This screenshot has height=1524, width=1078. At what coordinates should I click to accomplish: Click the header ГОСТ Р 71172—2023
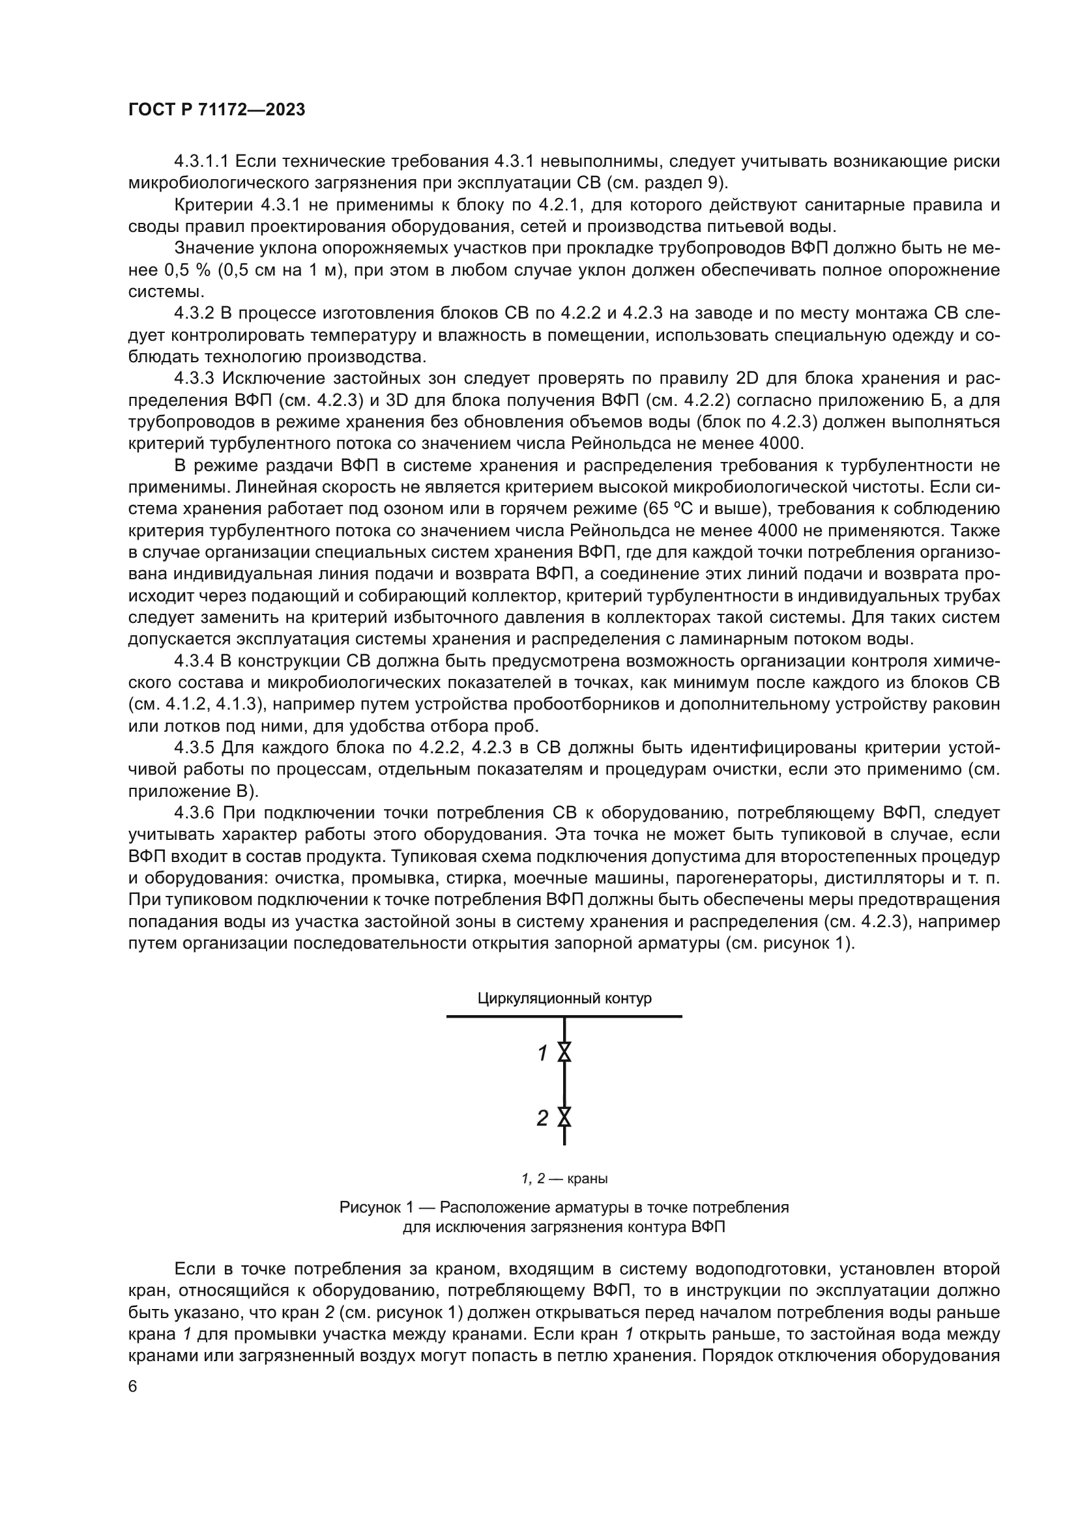click(216, 110)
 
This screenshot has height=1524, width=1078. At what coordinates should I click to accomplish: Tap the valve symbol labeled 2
click(564, 1118)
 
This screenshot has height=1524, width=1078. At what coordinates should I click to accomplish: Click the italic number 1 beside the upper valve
click(542, 1053)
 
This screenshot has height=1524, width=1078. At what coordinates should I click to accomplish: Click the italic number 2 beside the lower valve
click(542, 1119)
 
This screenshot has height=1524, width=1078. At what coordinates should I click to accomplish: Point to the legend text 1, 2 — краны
click(564, 1179)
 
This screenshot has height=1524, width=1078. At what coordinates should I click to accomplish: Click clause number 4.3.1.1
click(201, 162)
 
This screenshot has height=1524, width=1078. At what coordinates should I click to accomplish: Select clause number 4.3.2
click(193, 313)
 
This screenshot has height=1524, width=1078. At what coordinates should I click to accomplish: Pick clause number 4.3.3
click(193, 379)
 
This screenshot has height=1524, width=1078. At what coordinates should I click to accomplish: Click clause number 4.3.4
click(193, 661)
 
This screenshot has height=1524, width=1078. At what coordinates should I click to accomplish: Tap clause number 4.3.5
click(193, 748)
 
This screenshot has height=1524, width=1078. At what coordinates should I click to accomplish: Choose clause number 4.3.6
click(193, 813)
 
